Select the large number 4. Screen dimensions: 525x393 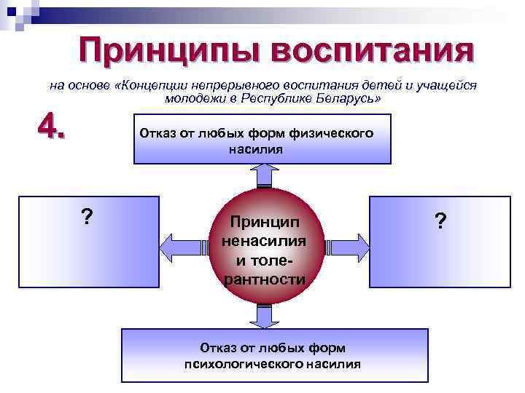pyautogui.click(x=52, y=130)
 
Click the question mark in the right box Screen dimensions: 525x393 pyautogui.click(x=440, y=221)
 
